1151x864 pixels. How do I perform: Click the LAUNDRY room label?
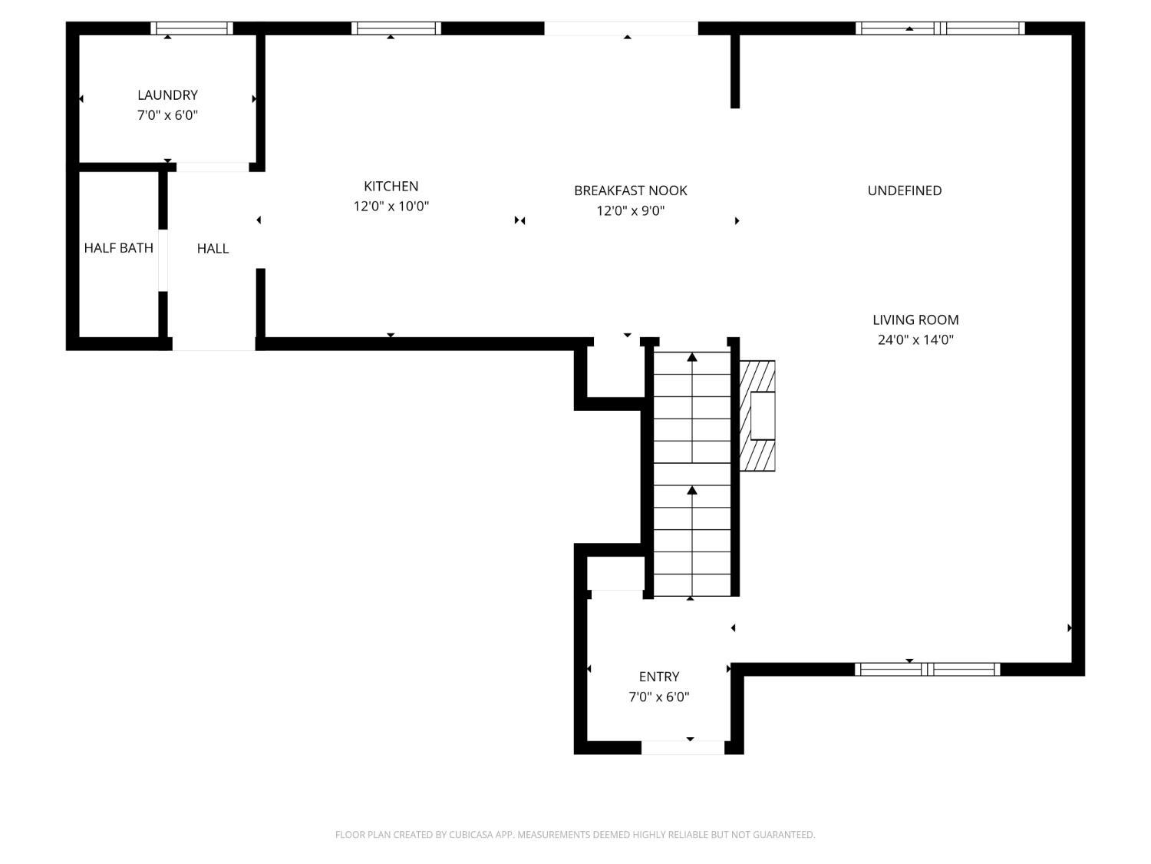(167, 95)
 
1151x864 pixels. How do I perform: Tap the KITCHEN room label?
(391, 186)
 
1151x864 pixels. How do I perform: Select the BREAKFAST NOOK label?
(630, 190)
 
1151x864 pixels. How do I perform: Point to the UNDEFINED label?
(904, 190)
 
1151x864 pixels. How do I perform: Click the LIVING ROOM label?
(915, 319)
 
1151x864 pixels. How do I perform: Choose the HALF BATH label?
(118, 248)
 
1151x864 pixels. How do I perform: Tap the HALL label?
(213, 248)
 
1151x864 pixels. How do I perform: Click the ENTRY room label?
(658, 677)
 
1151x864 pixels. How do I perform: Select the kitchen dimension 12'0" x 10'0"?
(391, 207)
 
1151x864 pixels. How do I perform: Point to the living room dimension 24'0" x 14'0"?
(915, 340)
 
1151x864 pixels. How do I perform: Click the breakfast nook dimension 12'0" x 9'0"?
(630, 211)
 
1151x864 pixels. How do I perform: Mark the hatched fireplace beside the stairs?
(757, 415)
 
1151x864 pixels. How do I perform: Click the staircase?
(691, 474)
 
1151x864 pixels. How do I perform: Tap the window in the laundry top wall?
(191, 28)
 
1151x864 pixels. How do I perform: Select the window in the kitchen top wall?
(396, 28)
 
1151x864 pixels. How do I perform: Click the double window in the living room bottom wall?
(927, 669)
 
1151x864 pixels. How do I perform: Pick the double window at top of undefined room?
(940, 28)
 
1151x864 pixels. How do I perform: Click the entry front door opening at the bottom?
(682, 747)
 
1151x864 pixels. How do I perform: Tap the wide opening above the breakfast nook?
(621, 28)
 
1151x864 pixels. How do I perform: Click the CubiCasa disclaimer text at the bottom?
(575, 835)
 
